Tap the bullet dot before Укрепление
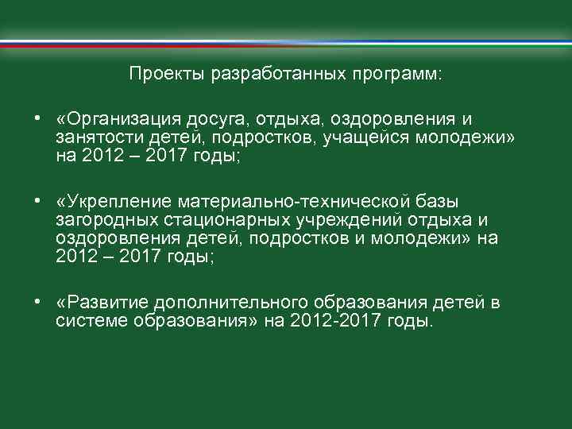click(x=37, y=202)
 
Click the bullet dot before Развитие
click(x=37, y=303)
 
